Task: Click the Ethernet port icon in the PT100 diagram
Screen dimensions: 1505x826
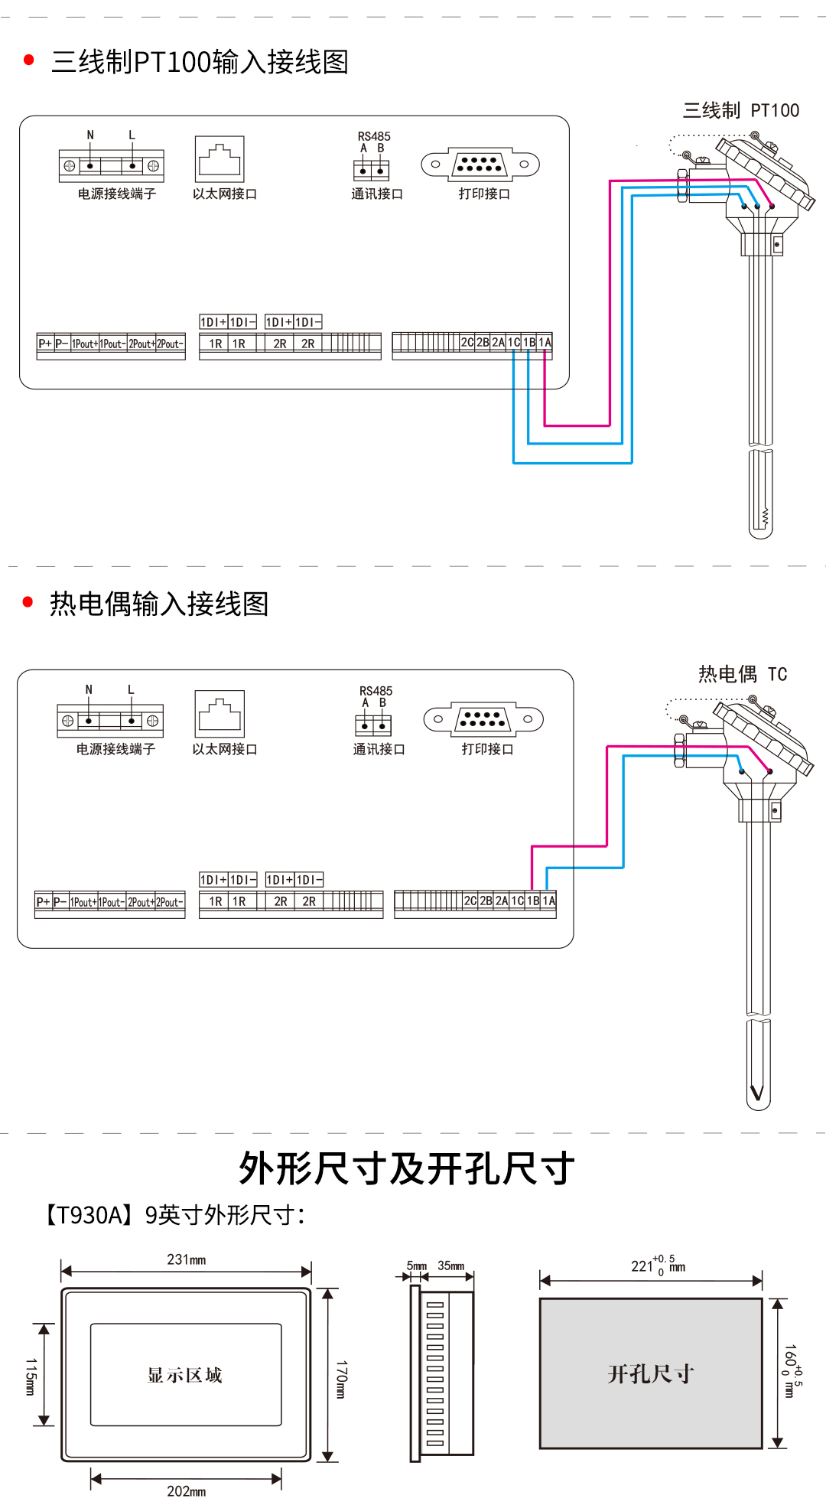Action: [x=220, y=159]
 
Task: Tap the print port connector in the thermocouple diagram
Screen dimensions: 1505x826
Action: [x=483, y=719]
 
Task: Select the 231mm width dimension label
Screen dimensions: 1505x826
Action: [x=186, y=1259]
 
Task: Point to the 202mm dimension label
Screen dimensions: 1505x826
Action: [x=186, y=1491]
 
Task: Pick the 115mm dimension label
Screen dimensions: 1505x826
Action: [x=31, y=1376]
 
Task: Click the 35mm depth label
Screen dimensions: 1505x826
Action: [x=450, y=1266]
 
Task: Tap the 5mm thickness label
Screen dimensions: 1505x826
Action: [x=416, y=1266]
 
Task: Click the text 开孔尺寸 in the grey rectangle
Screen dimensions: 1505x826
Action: [x=650, y=1374]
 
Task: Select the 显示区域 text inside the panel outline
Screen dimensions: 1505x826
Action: [x=185, y=1375]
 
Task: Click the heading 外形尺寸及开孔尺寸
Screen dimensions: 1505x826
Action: [x=406, y=1168]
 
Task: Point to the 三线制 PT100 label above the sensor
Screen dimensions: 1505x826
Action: [x=740, y=111]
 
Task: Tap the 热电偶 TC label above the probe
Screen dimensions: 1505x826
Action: [x=742, y=674]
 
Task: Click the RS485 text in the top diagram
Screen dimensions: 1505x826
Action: [x=374, y=136]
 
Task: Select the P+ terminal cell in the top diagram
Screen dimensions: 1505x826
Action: [x=45, y=344]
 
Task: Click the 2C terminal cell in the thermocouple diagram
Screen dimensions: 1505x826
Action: [x=470, y=901]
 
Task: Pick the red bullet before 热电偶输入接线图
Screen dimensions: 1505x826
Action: [x=28, y=602]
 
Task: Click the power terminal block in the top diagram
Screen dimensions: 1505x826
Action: [x=112, y=165]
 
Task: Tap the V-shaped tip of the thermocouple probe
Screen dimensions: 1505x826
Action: [x=757, y=1092]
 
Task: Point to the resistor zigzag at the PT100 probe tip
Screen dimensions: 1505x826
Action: [x=763, y=517]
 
